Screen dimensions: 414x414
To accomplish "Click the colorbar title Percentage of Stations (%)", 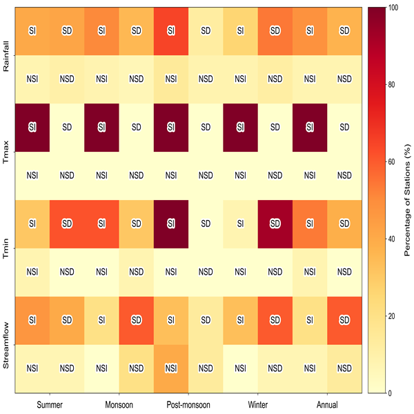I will click(x=407, y=200).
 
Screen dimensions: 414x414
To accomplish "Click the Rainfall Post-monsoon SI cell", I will click(x=171, y=31).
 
